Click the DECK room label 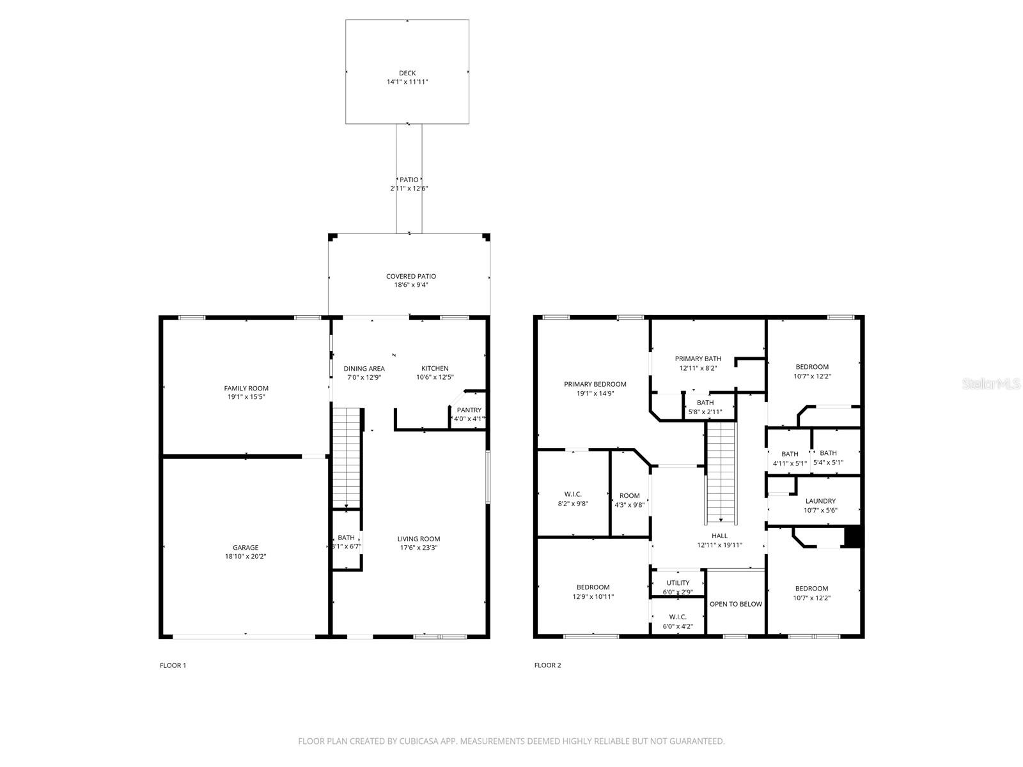pos(407,73)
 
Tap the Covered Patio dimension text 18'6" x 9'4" pos(410,285)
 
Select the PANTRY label pos(469,410)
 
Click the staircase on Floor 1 pos(347,457)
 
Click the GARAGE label pos(246,548)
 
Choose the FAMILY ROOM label pos(246,388)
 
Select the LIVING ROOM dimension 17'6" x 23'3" pos(419,548)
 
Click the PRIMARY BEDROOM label pos(595,384)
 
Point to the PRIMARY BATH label pos(698,359)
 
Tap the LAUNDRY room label pos(820,501)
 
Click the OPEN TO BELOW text pos(736,604)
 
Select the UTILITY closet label pos(678,583)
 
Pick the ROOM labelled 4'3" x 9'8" pos(629,496)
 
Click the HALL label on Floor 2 pos(719,536)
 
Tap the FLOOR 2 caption pos(547,665)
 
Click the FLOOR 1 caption pos(173,665)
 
